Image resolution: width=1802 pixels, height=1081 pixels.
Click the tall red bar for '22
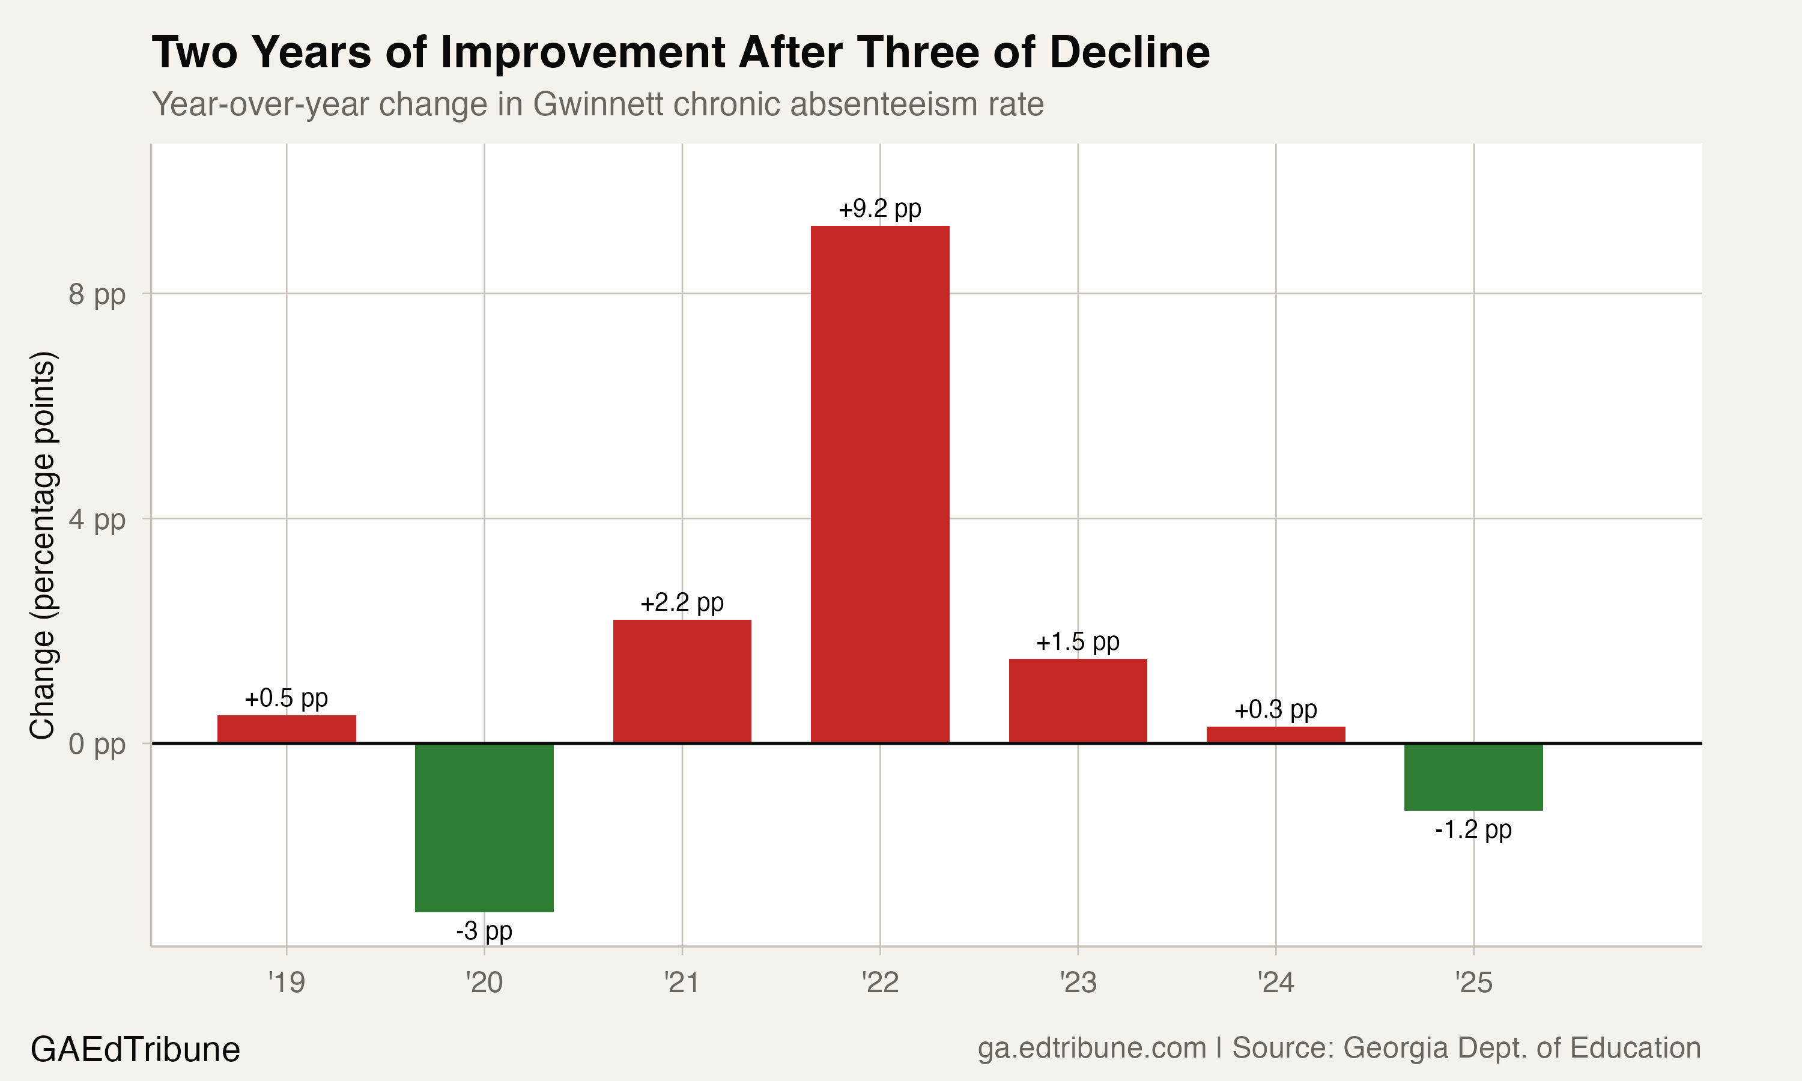click(x=880, y=485)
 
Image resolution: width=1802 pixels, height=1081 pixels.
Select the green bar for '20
click(x=484, y=828)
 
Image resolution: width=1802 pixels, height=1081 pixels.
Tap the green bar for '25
click(x=1473, y=777)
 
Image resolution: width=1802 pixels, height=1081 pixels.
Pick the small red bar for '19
click(x=287, y=729)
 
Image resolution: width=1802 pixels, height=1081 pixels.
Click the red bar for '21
click(x=682, y=681)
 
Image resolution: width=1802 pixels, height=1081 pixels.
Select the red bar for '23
click(x=1078, y=701)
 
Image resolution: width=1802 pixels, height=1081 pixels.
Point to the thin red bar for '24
click(x=1275, y=735)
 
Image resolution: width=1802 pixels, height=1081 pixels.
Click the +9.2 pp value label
click(x=880, y=209)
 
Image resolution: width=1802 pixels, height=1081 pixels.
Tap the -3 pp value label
click(x=484, y=931)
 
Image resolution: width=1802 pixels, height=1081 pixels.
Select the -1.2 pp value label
click(x=1473, y=830)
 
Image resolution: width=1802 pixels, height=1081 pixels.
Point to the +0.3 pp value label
click(x=1275, y=709)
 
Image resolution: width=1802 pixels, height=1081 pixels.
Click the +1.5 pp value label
click(x=1078, y=642)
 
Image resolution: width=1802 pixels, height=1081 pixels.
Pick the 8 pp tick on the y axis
click(x=97, y=294)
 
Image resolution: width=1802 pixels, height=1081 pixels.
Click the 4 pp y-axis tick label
click(x=97, y=519)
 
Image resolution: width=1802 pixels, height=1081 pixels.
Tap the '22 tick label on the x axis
click(x=880, y=983)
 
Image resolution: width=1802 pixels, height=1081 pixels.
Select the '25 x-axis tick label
click(x=1473, y=983)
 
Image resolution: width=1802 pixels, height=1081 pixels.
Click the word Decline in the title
click(x=1129, y=52)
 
